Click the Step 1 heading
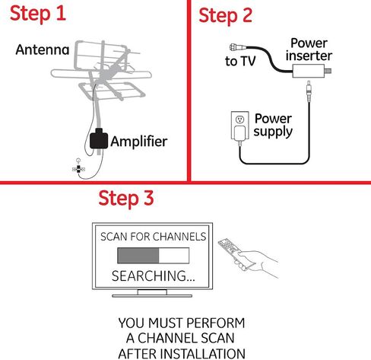(x=38, y=13)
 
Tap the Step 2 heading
(x=226, y=15)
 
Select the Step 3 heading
(x=126, y=199)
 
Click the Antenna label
(x=43, y=49)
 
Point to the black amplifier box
(x=99, y=139)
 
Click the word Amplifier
(x=139, y=141)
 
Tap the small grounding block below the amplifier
(x=78, y=169)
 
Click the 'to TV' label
(x=240, y=61)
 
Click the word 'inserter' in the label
(x=309, y=56)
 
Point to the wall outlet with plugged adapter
(x=239, y=126)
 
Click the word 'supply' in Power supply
(x=273, y=132)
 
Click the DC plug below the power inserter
(x=309, y=91)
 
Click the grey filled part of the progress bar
(x=138, y=256)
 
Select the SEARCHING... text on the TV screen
(x=154, y=276)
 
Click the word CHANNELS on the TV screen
(x=179, y=237)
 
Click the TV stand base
(x=152, y=295)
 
